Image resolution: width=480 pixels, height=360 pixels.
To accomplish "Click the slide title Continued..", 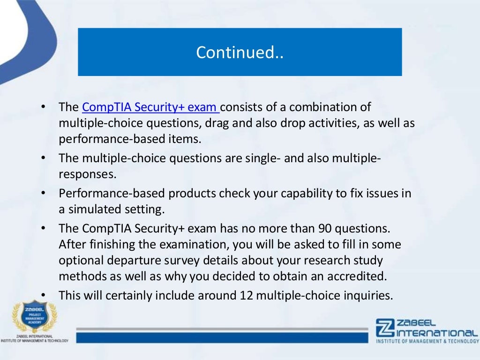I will point(240,52).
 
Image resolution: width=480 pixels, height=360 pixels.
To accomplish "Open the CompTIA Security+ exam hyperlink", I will point(150,107).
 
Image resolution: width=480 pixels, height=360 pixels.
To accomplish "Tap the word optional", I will point(79,261).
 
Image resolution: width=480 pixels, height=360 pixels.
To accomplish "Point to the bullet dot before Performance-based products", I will point(44,194).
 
